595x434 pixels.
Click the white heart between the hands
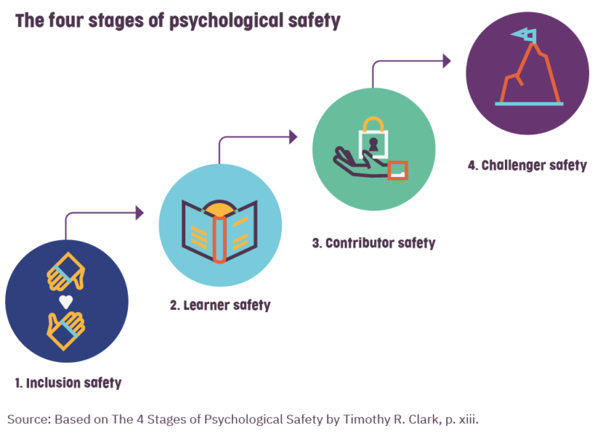coord(66,301)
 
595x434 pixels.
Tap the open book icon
coord(219,231)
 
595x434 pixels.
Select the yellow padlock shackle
coord(373,124)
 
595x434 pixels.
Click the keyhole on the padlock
coord(374,144)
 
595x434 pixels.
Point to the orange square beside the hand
coord(398,170)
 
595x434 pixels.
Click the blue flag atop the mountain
coord(524,35)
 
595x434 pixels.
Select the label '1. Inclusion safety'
coord(68,383)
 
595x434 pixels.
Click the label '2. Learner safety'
coord(220,305)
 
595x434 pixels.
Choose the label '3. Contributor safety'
coord(374,243)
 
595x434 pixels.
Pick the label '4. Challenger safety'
coord(527,165)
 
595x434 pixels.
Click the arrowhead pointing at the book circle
coord(140,213)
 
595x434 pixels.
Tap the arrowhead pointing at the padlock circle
coord(293,137)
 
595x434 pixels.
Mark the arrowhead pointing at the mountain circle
coord(447,61)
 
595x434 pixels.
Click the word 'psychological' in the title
coord(226,21)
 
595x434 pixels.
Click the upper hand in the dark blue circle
coord(66,271)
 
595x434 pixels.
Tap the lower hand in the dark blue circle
coord(66,331)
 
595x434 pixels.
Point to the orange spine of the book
coord(219,239)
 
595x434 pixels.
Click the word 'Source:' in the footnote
coord(29,420)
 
